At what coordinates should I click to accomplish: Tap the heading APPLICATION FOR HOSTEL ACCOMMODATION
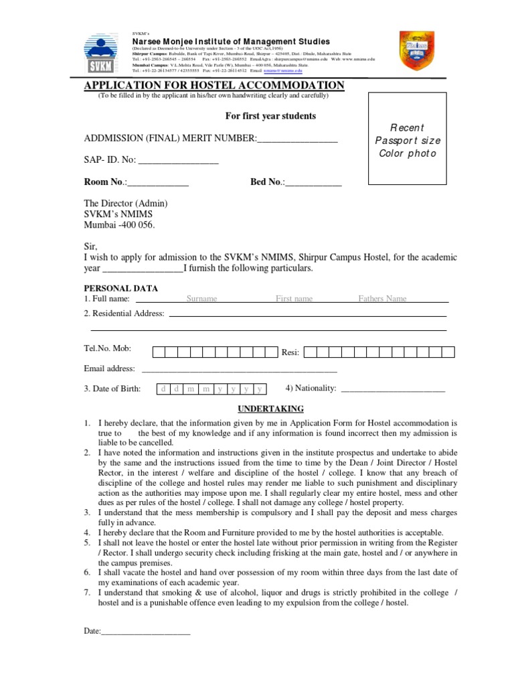(x=213, y=85)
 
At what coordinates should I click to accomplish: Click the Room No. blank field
(x=158, y=182)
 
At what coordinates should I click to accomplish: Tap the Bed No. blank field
(x=314, y=182)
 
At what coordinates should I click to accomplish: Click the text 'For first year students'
(x=270, y=116)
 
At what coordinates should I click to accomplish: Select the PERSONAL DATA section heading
(x=120, y=288)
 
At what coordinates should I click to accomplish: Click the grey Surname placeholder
(x=201, y=299)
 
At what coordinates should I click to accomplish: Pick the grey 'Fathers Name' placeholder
(x=382, y=299)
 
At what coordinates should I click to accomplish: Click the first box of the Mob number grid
(x=159, y=352)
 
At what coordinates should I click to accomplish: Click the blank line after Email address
(x=239, y=369)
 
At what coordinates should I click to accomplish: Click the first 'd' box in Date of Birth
(x=163, y=389)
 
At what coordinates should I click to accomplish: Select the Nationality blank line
(x=393, y=389)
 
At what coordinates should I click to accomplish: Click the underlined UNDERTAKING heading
(x=271, y=409)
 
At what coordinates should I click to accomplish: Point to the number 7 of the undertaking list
(x=87, y=592)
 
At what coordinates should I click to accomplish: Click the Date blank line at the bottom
(x=145, y=632)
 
